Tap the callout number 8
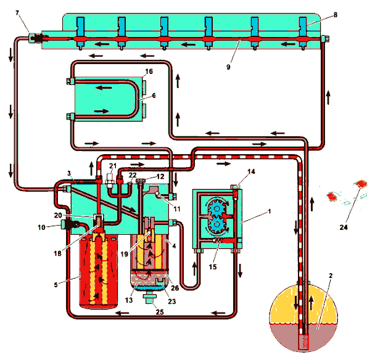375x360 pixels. pos(334,14)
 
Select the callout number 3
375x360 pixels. pos(70,174)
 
